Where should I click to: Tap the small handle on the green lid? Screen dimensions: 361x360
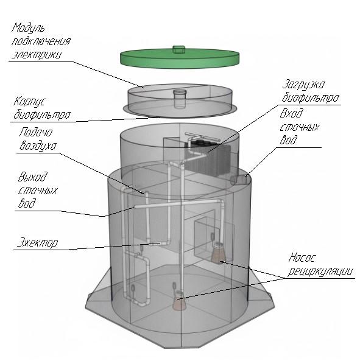pos(178,47)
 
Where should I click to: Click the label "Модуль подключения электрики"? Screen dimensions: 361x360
pos(40,41)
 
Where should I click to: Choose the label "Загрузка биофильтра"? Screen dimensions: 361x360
pos(311,91)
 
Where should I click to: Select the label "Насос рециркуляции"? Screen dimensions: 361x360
pos(320,264)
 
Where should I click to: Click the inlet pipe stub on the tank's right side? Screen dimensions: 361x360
pos(241,180)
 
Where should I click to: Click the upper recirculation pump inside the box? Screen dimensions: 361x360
pos(218,253)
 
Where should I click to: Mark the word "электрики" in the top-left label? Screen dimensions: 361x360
pos(37,53)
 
